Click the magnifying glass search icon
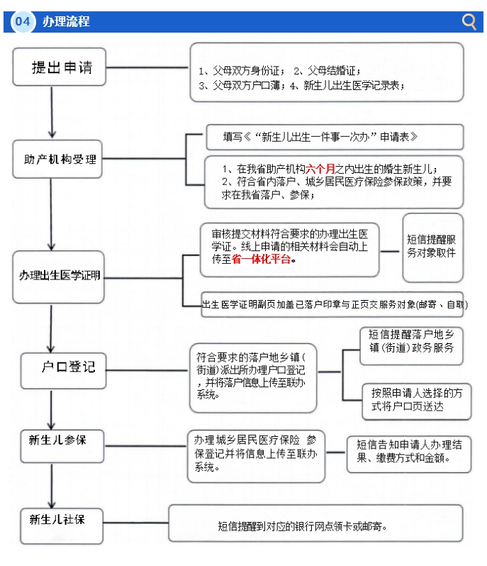(469, 21)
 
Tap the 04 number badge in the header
(23, 22)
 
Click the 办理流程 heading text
(66, 22)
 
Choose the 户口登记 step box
(67, 367)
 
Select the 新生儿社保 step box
(57, 520)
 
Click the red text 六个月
(320, 169)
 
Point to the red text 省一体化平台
(262, 260)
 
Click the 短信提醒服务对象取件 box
(432, 247)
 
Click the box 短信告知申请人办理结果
(409, 453)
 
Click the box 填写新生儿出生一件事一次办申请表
(334, 137)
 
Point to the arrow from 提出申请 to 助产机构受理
(51, 113)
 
